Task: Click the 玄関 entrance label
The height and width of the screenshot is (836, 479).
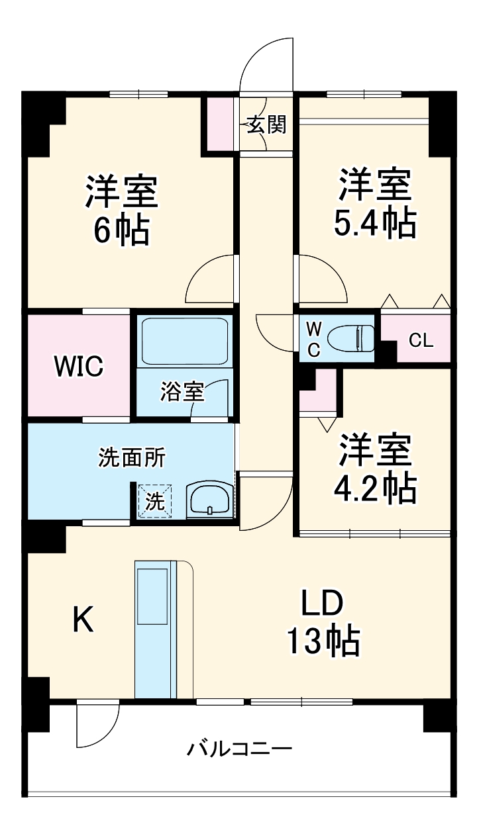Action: coord(267,124)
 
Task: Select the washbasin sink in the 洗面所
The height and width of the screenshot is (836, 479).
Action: coord(210,498)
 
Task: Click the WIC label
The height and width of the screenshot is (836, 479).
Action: coord(78,366)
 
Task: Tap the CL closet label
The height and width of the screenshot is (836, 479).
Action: coord(421,341)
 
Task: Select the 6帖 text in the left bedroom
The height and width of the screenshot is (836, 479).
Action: coord(121,230)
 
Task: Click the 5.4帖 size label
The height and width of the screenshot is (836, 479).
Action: coord(375,224)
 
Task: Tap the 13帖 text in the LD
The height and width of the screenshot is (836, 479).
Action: coord(323,640)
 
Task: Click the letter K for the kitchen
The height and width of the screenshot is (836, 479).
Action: coord(82,620)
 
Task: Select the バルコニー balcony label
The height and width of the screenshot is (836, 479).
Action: coord(239,749)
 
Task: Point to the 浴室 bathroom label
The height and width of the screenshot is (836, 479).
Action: coord(181,392)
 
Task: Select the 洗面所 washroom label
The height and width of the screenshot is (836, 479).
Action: coord(132,457)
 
